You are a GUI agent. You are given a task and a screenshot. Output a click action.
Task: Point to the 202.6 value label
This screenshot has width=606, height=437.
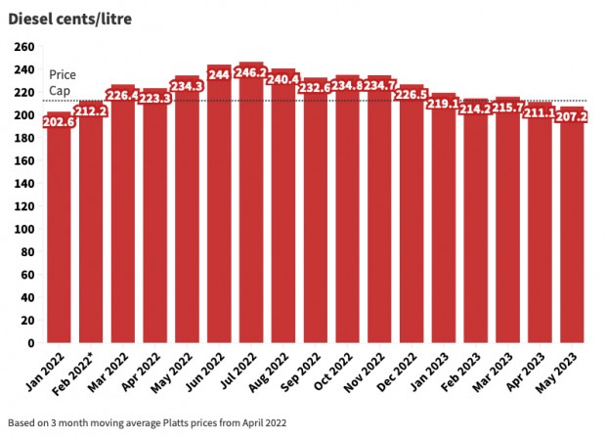point(59,121)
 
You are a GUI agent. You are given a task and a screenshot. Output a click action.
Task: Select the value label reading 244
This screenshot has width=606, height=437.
point(219,74)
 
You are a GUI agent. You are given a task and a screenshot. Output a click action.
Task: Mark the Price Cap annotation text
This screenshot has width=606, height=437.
point(62,82)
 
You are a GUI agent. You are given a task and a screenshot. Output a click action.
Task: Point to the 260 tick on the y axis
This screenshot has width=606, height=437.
point(23,47)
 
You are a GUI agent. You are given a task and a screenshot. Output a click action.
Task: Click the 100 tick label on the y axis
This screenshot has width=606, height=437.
point(23,230)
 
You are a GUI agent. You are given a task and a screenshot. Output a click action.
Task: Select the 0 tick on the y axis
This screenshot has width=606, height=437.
point(30,343)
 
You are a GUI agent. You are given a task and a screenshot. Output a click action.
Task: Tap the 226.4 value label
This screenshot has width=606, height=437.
point(123,94)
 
